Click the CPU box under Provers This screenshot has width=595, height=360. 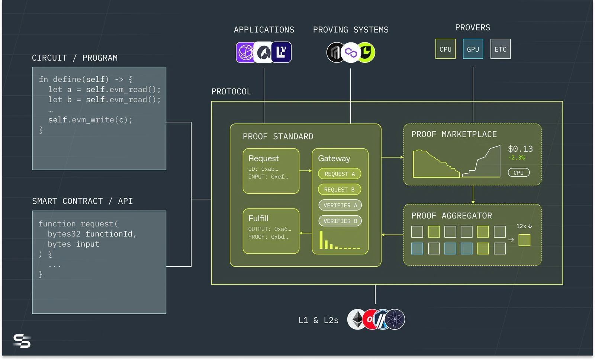pos(446,49)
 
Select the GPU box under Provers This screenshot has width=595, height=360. pos(473,49)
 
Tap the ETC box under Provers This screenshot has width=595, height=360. pos(500,49)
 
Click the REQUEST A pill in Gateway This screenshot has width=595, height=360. pos(340,174)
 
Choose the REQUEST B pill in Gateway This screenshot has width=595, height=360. pos(339,190)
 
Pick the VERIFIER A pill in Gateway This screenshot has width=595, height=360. pos(340,205)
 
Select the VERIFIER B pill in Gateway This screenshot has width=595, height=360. pos(340,221)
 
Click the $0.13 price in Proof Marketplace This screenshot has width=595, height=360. pos(520,149)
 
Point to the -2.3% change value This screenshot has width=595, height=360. pos(516,158)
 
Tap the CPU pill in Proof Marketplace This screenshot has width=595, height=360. pos(518,173)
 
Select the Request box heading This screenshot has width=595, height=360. pos(263,158)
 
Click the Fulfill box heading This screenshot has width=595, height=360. pos(258,218)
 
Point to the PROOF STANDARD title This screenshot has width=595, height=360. pos(278,136)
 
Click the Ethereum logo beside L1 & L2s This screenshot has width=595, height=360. pos(357,319)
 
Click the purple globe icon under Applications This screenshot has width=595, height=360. pos(245,52)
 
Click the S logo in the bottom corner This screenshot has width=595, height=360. pos(22,341)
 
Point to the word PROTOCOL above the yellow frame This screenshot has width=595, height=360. pos(231,91)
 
